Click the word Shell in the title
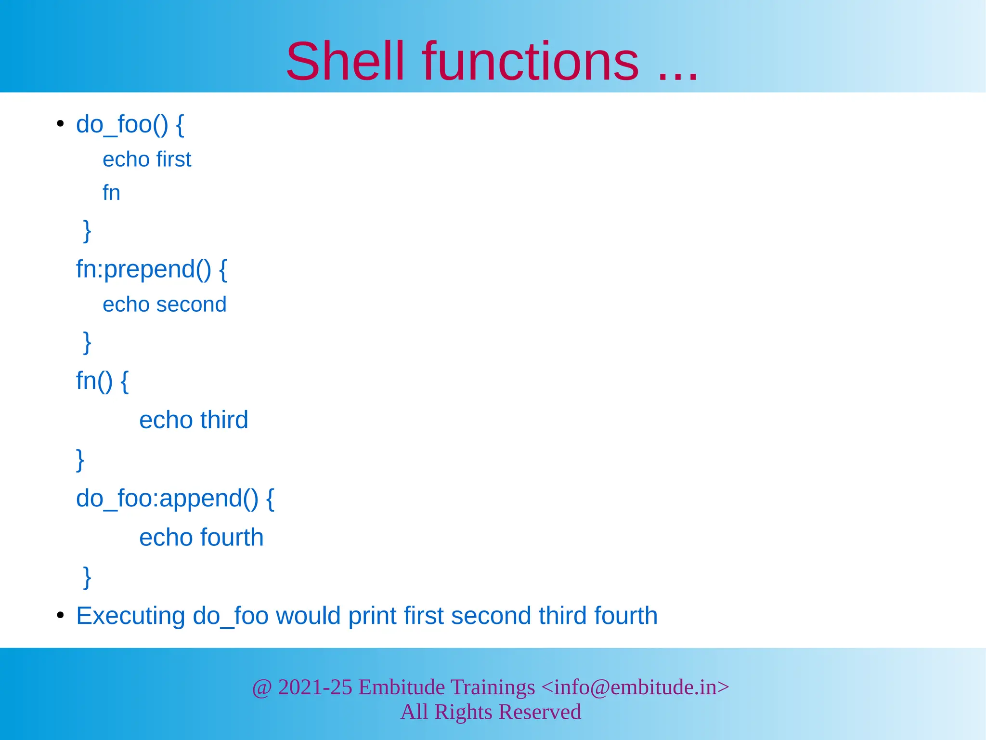[x=345, y=62]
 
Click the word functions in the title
[x=531, y=62]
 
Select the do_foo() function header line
[x=130, y=124]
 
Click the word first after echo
[x=174, y=159]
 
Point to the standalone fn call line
[x=111, y=193]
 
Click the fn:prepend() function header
[x=151, y=269]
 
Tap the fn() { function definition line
[x=102, y=381]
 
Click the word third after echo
[x=224, y=420]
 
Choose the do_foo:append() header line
[x=175, y=498]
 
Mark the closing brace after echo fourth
[x=87, y=577]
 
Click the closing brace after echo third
[x=80, y=459]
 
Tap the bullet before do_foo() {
[x=60, y=124]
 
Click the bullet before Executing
[x=60, y=616]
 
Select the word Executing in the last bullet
[x=130, y=616]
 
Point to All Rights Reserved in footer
[x=491, y=712]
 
